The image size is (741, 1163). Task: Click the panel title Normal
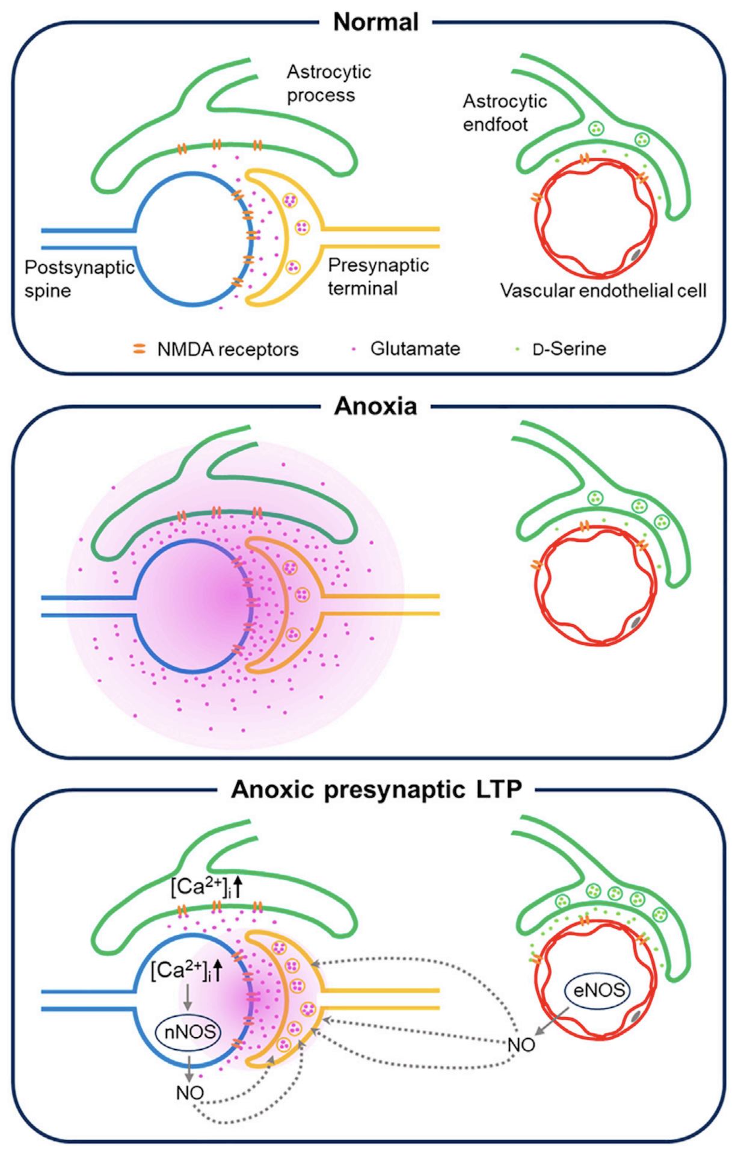376,22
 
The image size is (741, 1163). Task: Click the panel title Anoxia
376,406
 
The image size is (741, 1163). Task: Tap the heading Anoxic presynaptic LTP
377,789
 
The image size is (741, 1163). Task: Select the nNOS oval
190,1032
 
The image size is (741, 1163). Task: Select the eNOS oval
597,990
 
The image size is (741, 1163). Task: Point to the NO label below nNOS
190,1093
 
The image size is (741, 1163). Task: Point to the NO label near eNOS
521,1045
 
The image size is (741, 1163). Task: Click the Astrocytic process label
328,83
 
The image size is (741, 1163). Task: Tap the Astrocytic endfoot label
504,113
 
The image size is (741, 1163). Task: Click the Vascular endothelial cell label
603,291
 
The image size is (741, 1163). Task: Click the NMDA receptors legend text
228,349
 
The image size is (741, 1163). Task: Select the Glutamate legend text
415,349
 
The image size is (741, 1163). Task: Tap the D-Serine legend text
569,349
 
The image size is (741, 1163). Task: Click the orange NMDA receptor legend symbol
139,349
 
